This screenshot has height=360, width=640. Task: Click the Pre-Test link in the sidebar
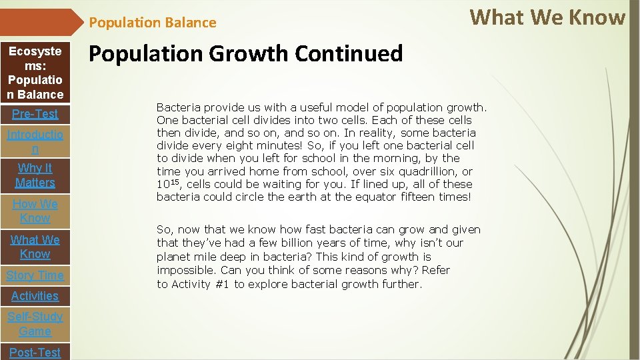tap(35, 114)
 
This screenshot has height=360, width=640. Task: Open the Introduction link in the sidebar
tap(35, 141)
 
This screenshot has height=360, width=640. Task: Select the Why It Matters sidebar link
tap(35, 175)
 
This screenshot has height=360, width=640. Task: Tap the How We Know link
tap(35, 211)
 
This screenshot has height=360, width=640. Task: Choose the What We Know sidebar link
tap(35, 247)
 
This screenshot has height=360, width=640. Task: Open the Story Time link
tap(35, 275)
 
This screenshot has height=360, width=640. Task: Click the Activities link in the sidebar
tap(35, 296)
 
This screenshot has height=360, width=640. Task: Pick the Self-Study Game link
tap(35, 324)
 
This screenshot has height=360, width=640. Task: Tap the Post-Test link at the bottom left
tap(35, 352)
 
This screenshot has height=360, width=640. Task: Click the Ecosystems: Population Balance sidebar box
tap(35, 73)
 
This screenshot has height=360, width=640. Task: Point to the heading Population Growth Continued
tap(246, 53)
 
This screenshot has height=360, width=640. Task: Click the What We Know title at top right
tap(547, 17)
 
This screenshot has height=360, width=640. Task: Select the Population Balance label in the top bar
tap(153, 23)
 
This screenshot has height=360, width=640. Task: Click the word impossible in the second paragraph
tap(181, 270)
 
